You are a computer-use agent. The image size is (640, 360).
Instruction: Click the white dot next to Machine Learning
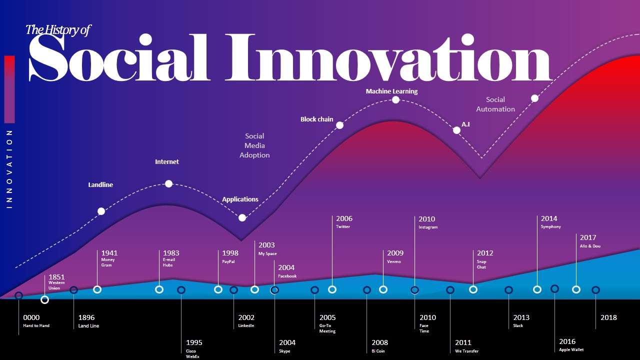tap(395, 99)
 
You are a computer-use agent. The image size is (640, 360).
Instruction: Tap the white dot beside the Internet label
tap(168, 183)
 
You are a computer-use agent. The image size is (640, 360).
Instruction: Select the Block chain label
tap(316, 119)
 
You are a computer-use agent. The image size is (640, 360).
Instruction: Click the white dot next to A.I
tap(456, 130)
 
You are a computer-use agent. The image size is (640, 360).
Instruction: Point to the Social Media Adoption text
tap(254, 145)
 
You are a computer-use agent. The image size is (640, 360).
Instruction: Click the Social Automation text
tap(495, 104)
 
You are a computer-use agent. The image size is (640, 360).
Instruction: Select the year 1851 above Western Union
tap(56, 277)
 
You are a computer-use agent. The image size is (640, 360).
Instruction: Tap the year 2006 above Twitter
tap(344, 218)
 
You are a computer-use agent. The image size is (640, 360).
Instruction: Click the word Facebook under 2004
tap(287, 276)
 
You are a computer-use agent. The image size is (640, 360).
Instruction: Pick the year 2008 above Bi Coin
tap(379, 342)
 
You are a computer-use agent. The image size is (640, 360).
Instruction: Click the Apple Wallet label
tap(571, 349)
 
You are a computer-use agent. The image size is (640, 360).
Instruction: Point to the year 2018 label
tap(608, 317)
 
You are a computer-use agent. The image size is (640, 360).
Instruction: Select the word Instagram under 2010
tap(427, 227)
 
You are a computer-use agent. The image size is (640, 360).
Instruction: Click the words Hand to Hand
tap(36, 325)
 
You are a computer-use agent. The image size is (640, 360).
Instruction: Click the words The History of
tap(57, 30)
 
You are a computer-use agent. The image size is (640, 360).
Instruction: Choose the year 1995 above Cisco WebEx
tap(194, 342)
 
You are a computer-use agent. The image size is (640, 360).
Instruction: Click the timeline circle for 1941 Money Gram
tap(97, 289)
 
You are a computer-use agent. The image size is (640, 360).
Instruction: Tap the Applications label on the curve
tap(240, 199)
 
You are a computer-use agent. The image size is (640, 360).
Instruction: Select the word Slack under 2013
tap(518, 325)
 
